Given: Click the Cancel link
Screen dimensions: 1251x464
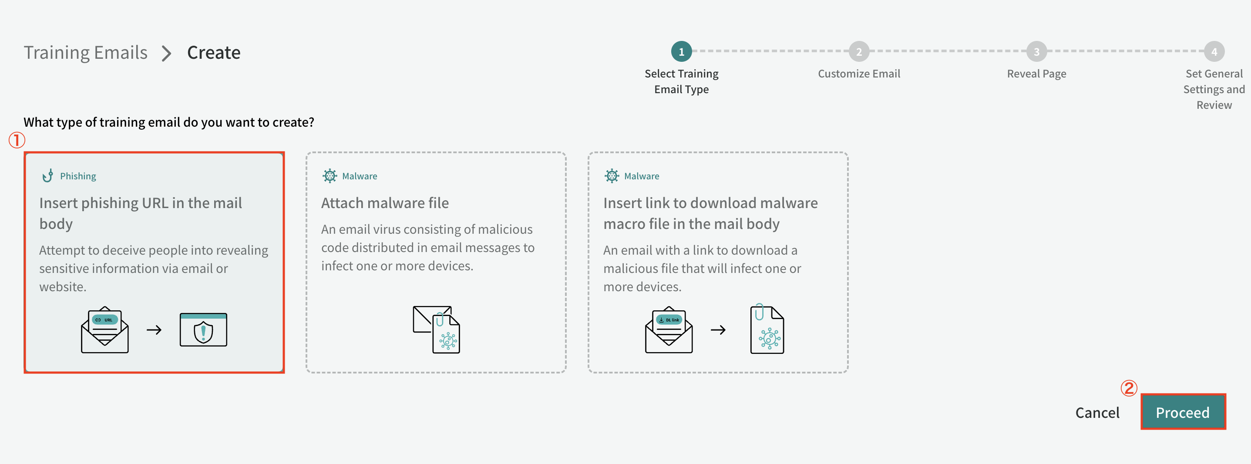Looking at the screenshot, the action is point(1097,413).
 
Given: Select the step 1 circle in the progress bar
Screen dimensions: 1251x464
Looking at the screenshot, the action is point(681,51).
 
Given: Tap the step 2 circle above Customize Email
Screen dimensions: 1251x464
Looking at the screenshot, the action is point(859,51).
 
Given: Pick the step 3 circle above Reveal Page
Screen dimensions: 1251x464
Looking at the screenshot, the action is point(1036,51).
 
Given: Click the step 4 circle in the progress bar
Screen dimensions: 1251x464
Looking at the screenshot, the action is point(1214,51).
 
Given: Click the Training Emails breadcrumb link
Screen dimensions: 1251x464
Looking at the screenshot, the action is point(85,53).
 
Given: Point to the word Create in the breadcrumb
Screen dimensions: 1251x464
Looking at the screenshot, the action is point(214,53).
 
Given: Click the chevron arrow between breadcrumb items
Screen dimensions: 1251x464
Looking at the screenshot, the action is point(167,54).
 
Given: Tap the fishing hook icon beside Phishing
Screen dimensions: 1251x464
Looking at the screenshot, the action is point(47,175).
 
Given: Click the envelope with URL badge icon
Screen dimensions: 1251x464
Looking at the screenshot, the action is point(105,330).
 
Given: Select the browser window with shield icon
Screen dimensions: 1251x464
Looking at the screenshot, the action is point(203,330).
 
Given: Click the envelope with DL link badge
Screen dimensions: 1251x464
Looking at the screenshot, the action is point(669,330).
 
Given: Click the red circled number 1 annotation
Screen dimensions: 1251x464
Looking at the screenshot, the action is point(17,141).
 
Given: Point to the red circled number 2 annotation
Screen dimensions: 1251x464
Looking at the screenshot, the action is point(1129,388).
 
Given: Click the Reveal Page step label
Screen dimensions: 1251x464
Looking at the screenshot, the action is point(1036,74).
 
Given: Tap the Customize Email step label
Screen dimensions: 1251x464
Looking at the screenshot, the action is point(859,74).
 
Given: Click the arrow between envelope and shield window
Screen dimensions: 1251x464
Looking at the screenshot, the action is point(154,330).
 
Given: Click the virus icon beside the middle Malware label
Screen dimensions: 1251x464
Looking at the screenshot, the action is point(330,176).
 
